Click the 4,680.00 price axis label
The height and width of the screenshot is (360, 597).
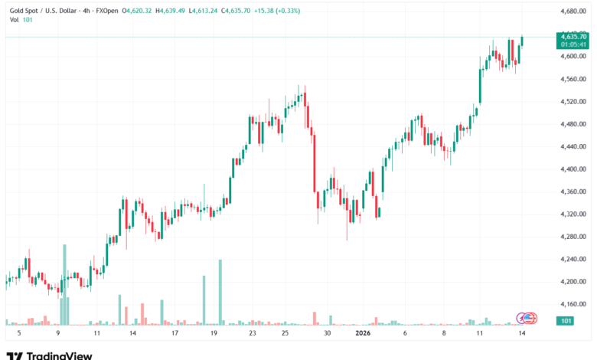coord(573,11)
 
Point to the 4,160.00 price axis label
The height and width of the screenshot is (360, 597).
coord(573,305)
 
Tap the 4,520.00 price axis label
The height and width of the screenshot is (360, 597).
coord(573,102)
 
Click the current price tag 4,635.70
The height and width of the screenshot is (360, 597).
coord(573,36)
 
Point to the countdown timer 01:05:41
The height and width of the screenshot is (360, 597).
coord(573,44)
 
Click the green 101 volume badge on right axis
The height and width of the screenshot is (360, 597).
coord(567,321)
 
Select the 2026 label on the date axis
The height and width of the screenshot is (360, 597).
coord(363,334)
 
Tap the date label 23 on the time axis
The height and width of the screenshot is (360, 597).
coord(253,334)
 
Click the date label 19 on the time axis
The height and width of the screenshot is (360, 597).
coord(214,334)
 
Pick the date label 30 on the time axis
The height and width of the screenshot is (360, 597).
coord(327,334)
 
